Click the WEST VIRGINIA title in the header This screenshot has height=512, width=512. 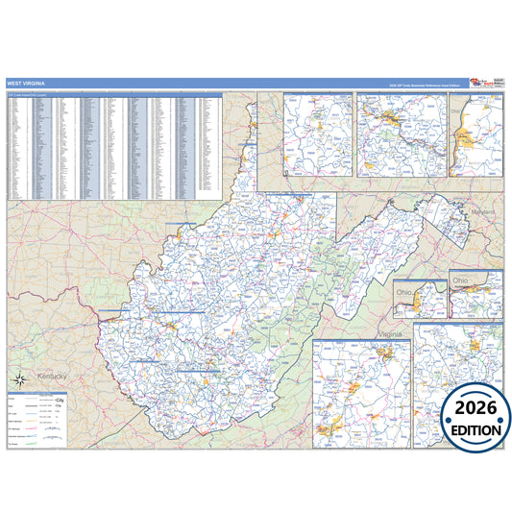(x=26, y=84)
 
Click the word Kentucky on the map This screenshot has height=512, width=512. (x=48, y=376)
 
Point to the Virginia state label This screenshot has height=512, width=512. (x=390, y=333)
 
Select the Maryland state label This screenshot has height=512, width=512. (x=482, y=211)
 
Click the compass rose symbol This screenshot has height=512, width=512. (x=18, y=377)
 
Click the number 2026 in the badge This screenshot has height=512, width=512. (x=475, y=407)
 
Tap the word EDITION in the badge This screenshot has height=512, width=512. (x=475, y=429)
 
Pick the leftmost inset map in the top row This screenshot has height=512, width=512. (x=318, y=134)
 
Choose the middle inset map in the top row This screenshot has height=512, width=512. (x=401, y=134)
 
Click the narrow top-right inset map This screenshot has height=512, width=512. (x=476, y=134)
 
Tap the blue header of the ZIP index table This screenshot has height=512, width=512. (x=114, y=94)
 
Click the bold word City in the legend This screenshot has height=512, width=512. (x=61, y=399)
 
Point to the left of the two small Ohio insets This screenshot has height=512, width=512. (x=420, y=299)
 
